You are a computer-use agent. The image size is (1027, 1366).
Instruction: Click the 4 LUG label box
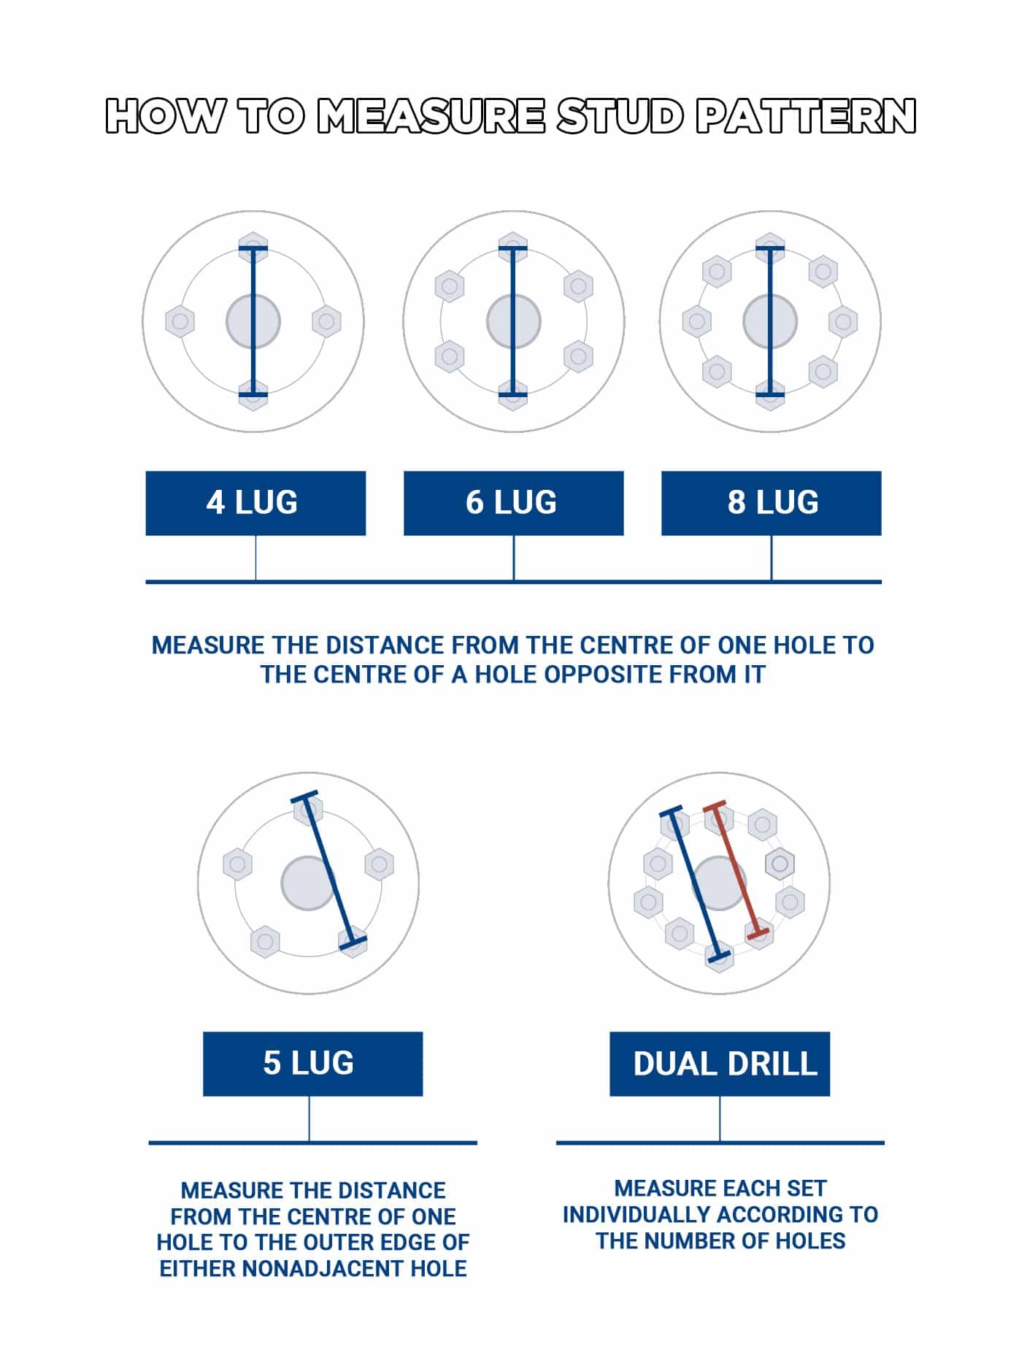coord(255,503)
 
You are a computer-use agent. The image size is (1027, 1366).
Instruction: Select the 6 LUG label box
coord(513,503)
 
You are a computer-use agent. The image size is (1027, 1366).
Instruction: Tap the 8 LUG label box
coord(771,503)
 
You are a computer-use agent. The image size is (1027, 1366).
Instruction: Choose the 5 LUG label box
coord(312,1064)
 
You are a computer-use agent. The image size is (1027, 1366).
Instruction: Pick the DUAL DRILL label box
coord(720,1064)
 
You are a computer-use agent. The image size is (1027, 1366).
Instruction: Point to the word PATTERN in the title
coord(806,117)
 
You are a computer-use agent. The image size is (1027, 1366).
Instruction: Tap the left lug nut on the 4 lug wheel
coord(180,321)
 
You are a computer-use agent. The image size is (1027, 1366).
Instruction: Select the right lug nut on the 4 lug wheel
coord(326,321)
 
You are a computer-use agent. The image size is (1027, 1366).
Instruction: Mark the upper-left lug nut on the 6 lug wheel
coord(450,285)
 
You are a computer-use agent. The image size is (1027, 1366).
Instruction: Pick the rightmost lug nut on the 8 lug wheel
coord(843,321)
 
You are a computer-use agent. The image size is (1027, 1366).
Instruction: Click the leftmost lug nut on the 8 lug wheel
coord(697,321)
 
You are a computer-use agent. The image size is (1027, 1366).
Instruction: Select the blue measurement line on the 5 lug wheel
coord(331,869)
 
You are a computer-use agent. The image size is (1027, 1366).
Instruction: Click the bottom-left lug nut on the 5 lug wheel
coord(265,941)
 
